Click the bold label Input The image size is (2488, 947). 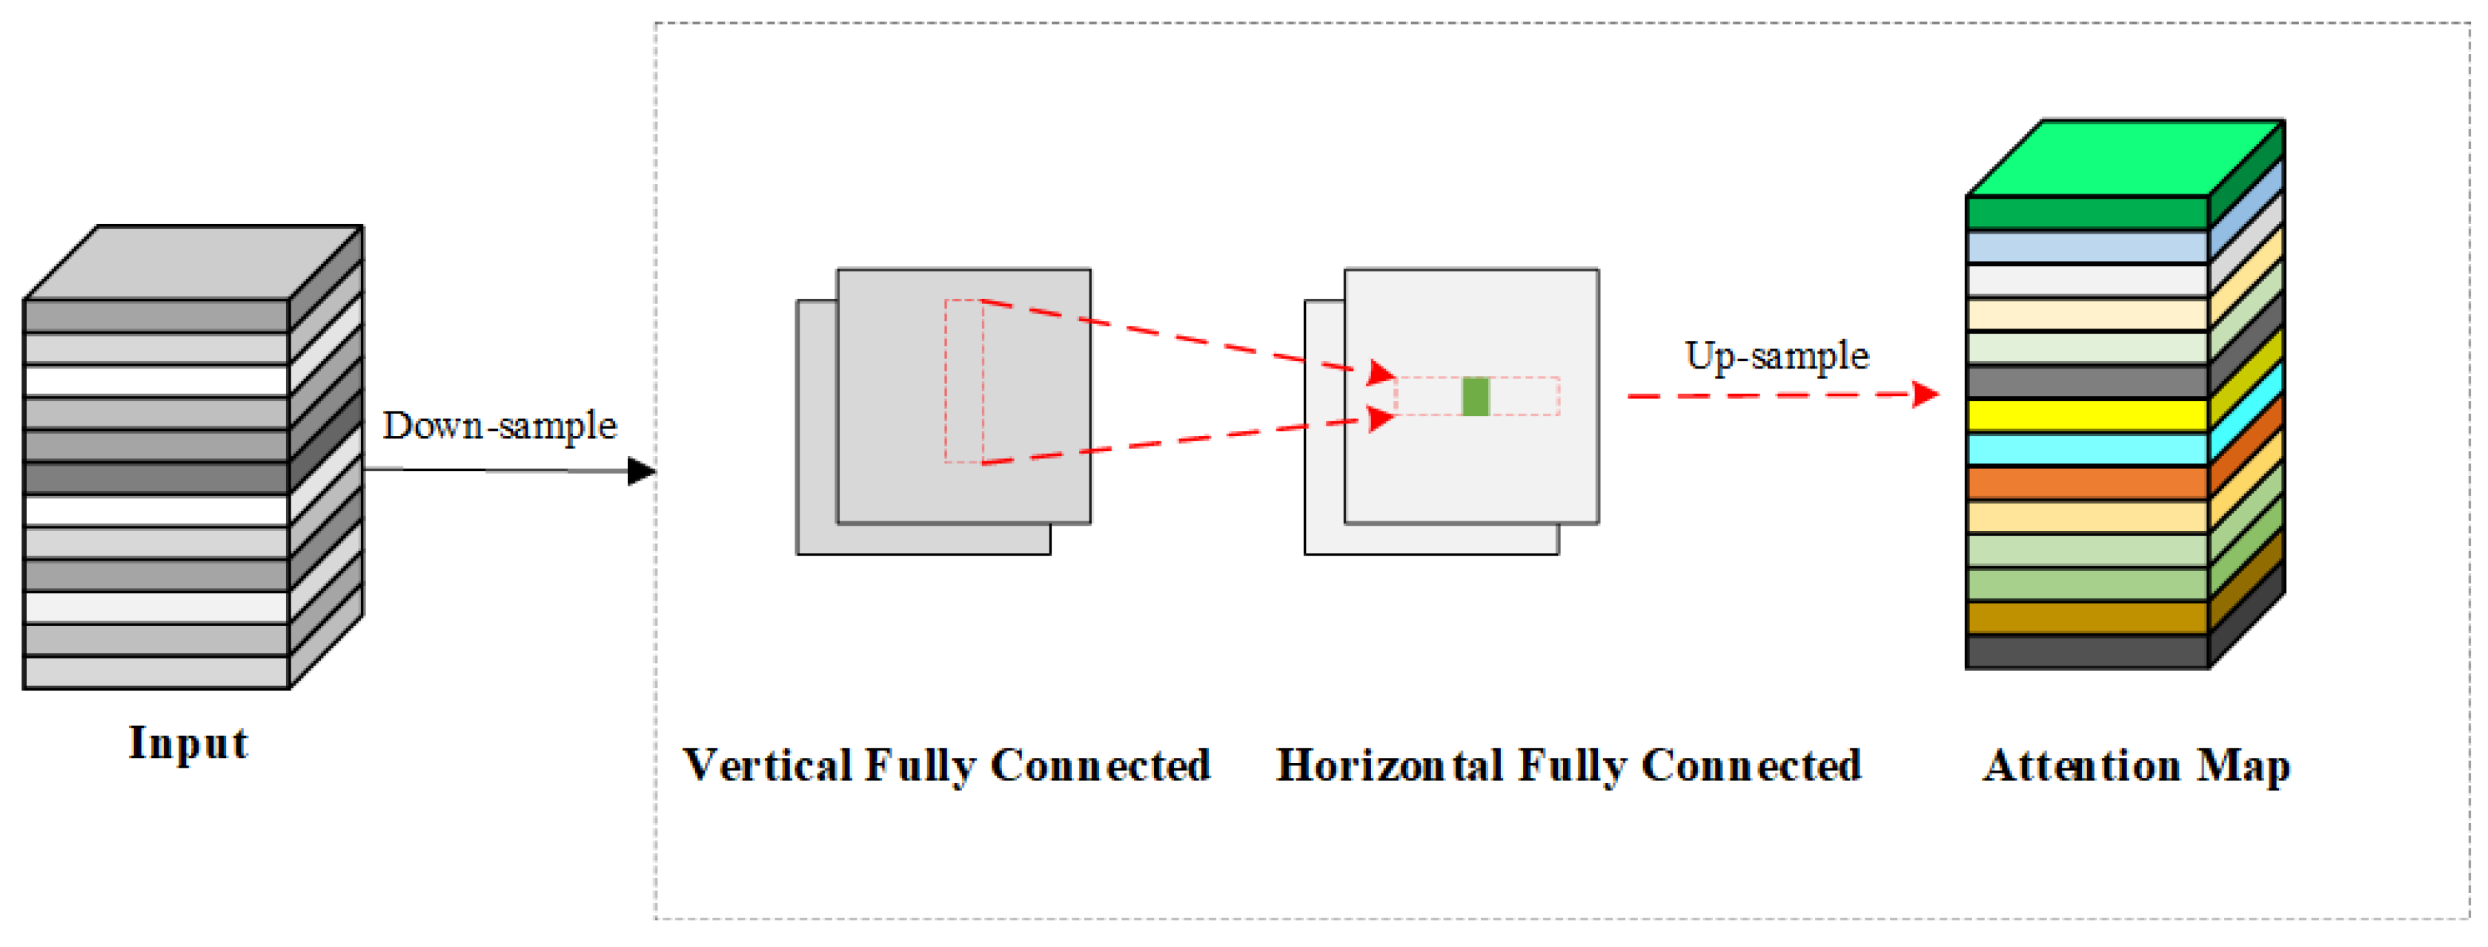point(188,743)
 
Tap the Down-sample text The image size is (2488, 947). point(500,425)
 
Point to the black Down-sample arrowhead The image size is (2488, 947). point(641,472)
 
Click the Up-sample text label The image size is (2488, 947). point(1777,356)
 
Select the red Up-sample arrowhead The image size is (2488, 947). point(1926,395)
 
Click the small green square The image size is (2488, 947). point(1475,396)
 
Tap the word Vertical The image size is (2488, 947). point(768,765)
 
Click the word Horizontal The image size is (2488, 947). point(1389,765)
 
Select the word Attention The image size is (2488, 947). point(2081,765)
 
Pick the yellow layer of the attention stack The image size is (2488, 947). point(2086,415)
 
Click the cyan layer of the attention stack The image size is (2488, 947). point(2086,449)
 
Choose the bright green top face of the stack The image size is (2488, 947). point(2125,157)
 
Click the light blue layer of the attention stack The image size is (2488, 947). point(2086,246)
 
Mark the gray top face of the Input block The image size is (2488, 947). point(193,263)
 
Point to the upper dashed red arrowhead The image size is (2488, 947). point(1381,373)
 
